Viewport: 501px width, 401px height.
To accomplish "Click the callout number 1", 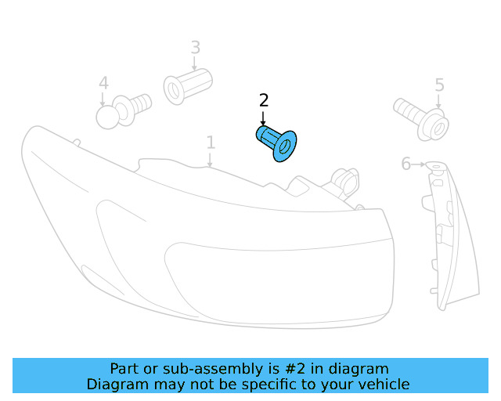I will coord(211,143).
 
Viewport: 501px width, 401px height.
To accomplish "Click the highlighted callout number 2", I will coord(264,100).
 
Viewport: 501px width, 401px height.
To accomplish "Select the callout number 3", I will coord(196,48).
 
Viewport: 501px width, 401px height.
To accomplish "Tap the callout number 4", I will coord(103,83).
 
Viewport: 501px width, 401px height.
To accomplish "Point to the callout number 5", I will coord(439,85).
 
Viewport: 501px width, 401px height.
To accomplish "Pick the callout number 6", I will coord(405,164).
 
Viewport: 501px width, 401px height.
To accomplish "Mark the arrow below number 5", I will coord(439,101).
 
